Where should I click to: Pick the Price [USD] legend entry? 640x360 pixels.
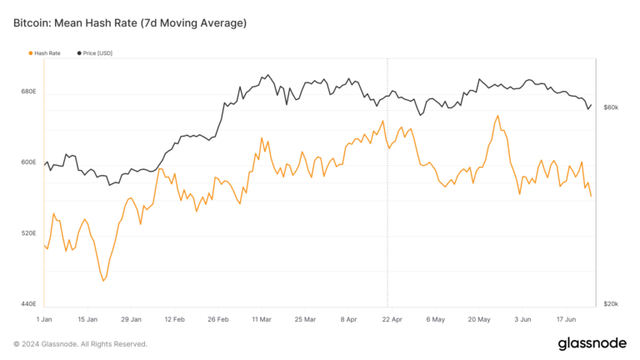[x=97, y=52]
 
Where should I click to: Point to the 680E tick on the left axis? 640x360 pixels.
[x=27, y=92]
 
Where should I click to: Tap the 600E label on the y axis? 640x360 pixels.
[x=27, y=162]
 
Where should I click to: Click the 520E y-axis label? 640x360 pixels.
[x=27, y=233]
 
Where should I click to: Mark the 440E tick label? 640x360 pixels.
[x=27, y=304]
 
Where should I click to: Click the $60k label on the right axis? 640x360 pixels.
[x=610, y=108]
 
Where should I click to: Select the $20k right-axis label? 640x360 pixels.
[x=610, y=304]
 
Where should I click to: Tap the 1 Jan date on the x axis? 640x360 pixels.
[x=45, y=319]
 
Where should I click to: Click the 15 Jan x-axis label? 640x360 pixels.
[x=87, y=319]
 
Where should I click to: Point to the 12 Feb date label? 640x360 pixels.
[x=174, y=319]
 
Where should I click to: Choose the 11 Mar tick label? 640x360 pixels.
[x=262, y=319]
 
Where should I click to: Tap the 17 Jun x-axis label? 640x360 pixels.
[x=567, y=319]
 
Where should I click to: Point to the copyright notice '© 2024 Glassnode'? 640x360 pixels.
[x=80, y=344]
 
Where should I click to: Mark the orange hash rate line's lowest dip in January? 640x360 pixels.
[x=103, y=281]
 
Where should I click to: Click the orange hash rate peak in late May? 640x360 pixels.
[x=497, y=116]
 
